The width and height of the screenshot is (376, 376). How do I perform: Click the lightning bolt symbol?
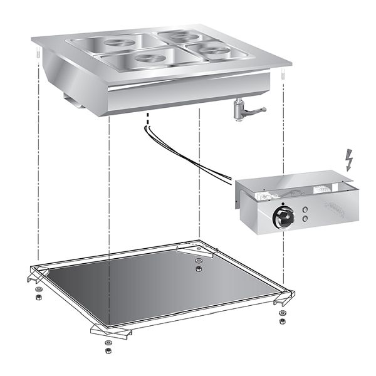[x=349, y=161]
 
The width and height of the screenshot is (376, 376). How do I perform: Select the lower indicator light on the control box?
[x=305, y=219]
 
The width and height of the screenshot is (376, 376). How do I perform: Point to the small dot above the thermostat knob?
[x=283, y=204]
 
